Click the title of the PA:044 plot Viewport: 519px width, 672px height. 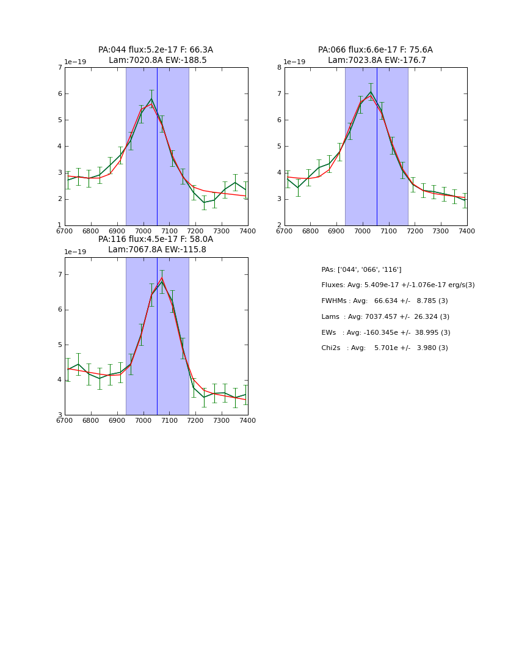[156, 55]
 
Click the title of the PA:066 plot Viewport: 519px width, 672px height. [376, 55]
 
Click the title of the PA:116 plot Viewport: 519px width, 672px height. [156, 244]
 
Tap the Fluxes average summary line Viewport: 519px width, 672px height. [397, 285]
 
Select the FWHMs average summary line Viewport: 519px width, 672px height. [385, 301]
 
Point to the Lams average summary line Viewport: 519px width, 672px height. [385, 317]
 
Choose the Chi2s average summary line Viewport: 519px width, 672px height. [385, 348]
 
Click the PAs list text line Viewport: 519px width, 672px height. [361, 270]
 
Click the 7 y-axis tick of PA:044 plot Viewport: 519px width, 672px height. [60, 68]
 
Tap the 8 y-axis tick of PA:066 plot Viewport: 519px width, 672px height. [279, 68]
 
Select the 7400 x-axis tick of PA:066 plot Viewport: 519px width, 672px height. [467, 232]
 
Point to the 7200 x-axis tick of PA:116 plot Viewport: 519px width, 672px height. [195, 421]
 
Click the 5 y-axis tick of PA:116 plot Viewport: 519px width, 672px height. [60, 345]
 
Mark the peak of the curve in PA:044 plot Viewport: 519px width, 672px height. [151, 98]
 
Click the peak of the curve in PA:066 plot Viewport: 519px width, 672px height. [371, 92]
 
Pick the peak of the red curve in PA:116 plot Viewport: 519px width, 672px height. [162, 278]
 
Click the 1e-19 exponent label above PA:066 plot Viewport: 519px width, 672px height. [294, 62]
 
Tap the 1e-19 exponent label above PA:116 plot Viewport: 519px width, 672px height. [74, 252]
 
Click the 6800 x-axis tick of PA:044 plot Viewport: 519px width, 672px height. [91, 232]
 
